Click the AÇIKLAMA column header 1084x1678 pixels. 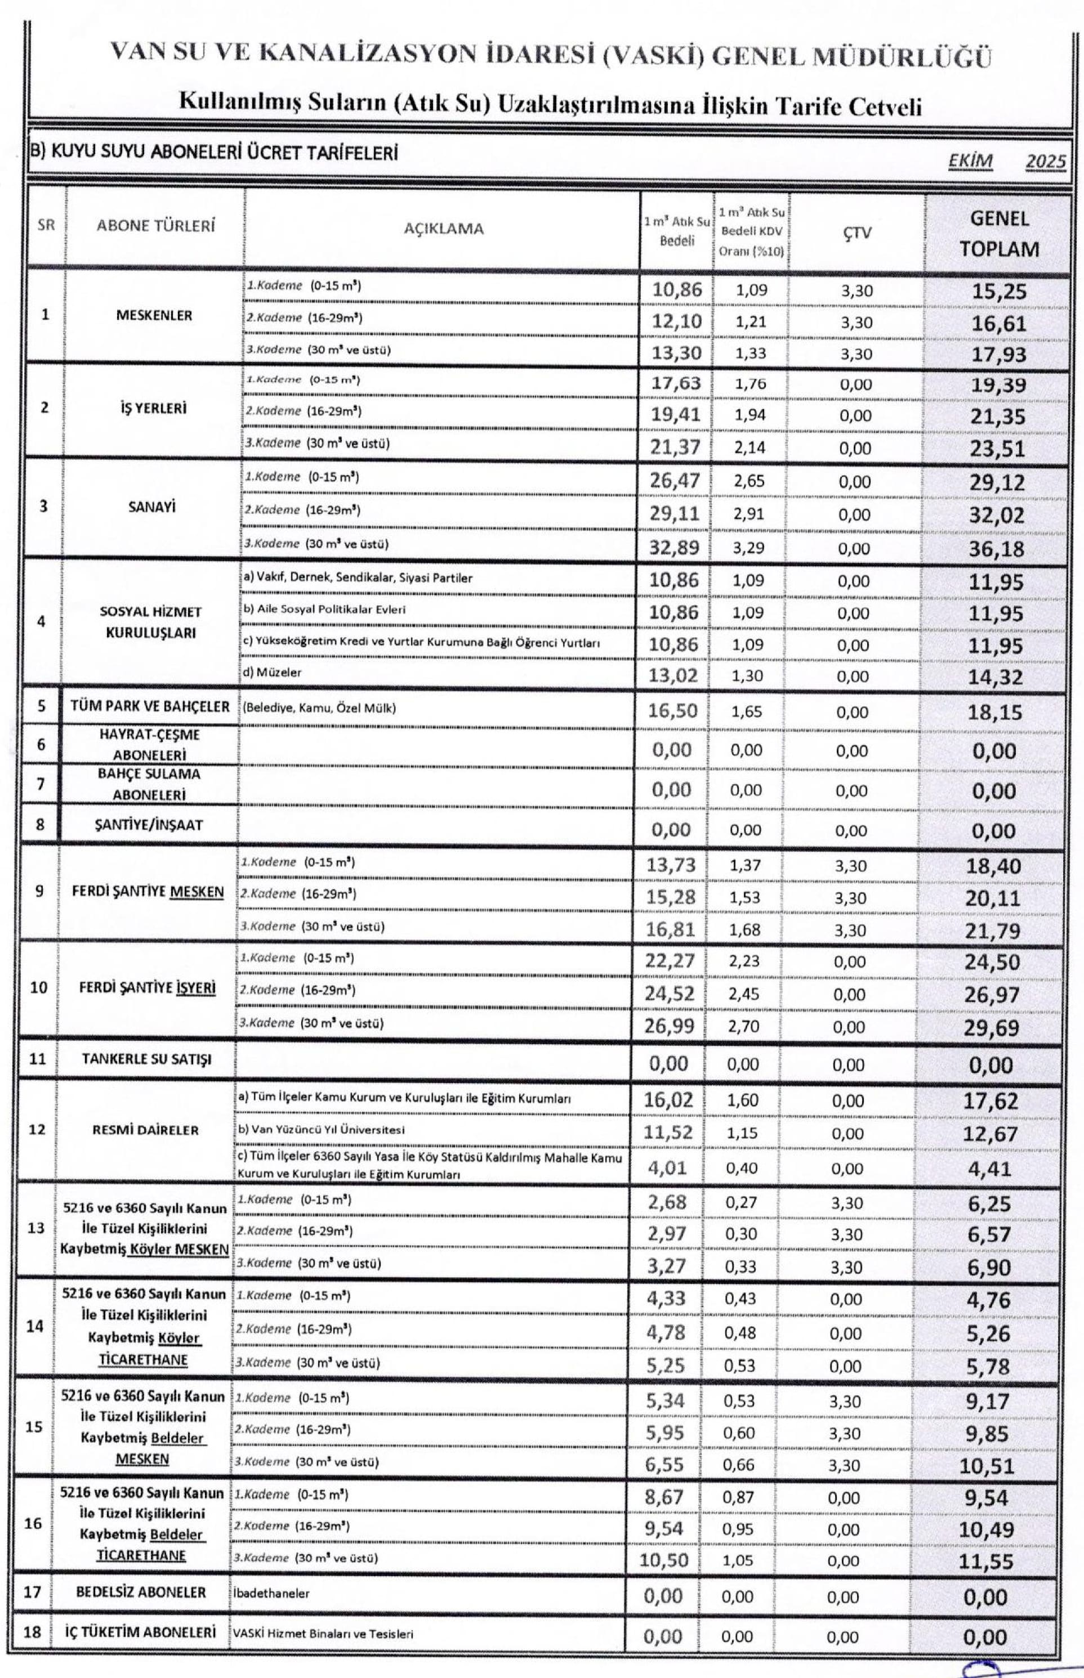[x=444, y=229]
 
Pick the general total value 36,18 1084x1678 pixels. [x=996, y=549]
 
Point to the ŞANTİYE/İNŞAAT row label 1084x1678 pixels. [x=149, y=825]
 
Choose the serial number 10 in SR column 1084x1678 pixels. [x=39, y=988]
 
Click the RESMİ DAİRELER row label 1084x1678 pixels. [x=146, y=1130]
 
